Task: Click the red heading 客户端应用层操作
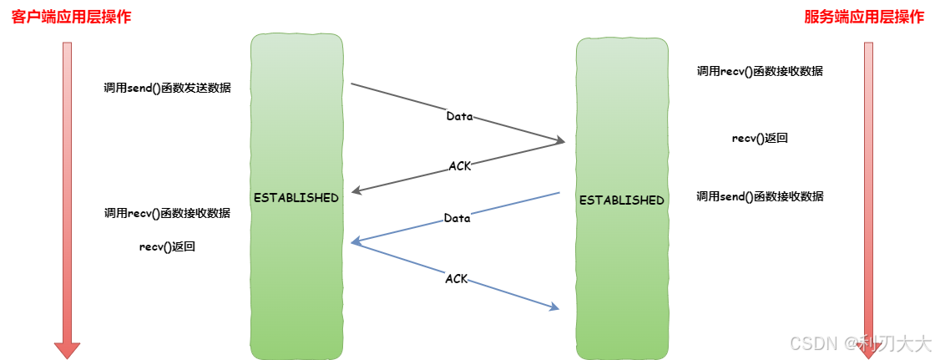(71, 18)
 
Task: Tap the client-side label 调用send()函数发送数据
(167, 88)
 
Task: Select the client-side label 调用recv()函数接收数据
(167, 213)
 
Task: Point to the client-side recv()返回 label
(167, 246)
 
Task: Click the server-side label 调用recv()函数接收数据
(760, 71)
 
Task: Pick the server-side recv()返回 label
(760, 138)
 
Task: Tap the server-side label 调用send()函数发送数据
(760, 196)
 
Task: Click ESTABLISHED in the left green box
(296, 198)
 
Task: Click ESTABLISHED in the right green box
(621, 200)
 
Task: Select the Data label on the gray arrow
(459, 116)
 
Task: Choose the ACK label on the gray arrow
(459, 165)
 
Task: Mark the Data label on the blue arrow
(457, 218)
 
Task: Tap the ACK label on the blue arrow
(456, 278)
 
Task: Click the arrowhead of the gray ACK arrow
(356, 191)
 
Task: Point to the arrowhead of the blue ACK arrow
(553, 307)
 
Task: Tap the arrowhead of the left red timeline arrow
(67, 349)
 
